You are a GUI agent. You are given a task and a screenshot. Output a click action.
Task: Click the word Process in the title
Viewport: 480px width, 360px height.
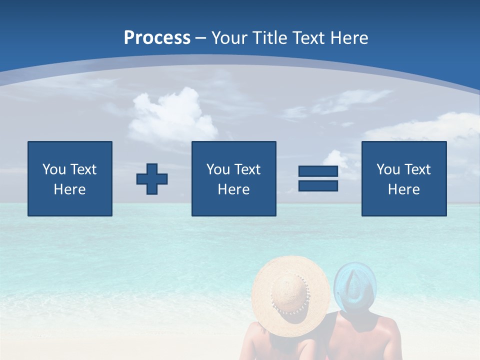coord(157,38)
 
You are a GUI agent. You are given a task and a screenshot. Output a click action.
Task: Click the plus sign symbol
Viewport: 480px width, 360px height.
coord(152,179)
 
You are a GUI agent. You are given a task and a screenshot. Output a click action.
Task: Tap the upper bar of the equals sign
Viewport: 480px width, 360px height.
coord(318,171)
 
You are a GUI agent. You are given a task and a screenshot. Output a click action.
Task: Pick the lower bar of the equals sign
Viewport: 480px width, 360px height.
coord(318,186)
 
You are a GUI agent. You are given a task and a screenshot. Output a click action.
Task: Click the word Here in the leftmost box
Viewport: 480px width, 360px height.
coord(69,189)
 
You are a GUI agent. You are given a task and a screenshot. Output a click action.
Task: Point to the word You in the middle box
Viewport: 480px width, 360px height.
coord(218,169)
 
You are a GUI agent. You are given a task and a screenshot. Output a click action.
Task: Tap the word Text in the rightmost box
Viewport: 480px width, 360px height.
coord(417,169)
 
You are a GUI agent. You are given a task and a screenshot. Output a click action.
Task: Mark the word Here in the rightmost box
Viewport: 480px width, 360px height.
coord(403,189)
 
